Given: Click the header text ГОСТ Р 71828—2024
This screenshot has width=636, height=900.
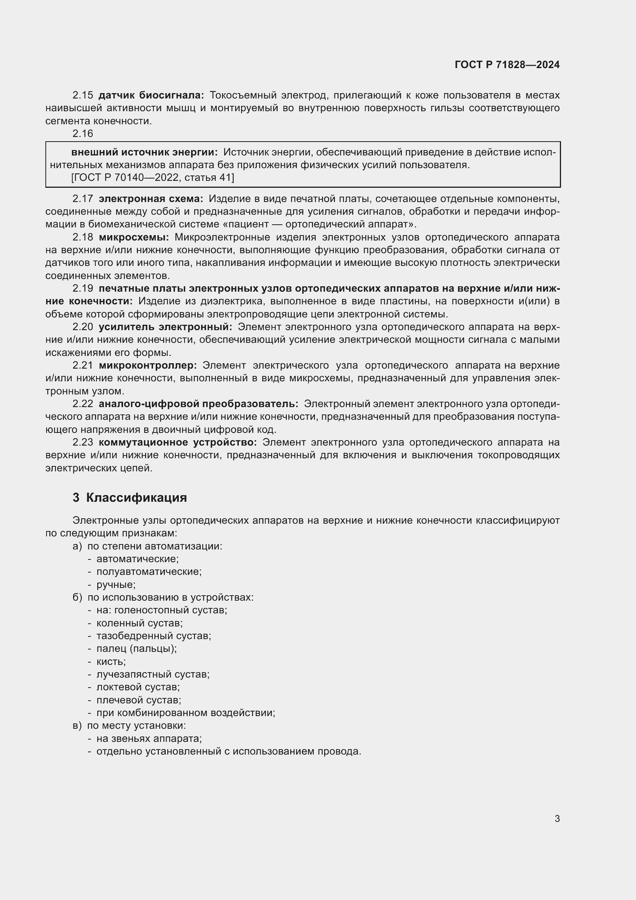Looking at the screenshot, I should pos(507,65).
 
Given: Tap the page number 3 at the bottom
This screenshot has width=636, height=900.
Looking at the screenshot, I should pos(557,818).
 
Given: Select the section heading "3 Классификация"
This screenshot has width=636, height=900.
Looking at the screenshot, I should pos(130,498).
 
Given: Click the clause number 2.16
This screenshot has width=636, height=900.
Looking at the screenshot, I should pos(83,134).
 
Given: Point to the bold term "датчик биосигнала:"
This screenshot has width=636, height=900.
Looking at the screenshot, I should pos(151,95).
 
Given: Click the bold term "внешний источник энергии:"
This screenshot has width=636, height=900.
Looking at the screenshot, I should pos(144,152).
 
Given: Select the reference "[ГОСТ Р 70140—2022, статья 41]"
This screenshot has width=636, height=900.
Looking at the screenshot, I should pos(153,177).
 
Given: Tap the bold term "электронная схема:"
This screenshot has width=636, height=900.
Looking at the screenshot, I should pos(151,199).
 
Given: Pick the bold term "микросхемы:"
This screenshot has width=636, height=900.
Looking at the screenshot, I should pos(133,237).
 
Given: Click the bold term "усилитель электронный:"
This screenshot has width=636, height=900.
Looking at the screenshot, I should pos(165,327).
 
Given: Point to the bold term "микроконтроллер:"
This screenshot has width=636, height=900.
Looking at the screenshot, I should pos(148,365).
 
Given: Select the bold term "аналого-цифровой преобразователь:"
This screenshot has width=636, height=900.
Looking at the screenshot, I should pos(198,404).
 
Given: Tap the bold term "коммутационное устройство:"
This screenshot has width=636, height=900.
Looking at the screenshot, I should pos(178,442).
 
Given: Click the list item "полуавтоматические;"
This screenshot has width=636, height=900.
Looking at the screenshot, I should pos(149,571).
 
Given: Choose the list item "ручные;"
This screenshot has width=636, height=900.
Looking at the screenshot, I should pos(116,584).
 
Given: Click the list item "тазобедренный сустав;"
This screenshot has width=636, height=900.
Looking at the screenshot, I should pos(153,636).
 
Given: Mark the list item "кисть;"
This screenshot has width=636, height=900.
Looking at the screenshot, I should pos(111,662).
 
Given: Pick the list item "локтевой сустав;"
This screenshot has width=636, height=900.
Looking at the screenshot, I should pos(138,687).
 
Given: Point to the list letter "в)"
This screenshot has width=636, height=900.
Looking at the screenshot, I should pos(77,725).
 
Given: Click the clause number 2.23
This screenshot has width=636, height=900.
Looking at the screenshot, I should pos(83,442).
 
